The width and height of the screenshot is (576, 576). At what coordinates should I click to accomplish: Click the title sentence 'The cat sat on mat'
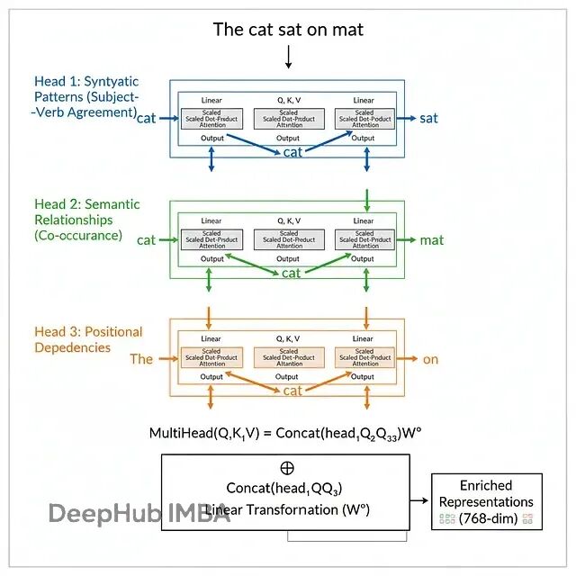pyautogui.click(x=288, y=30)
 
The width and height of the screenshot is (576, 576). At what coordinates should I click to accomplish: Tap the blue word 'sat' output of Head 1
pyautogui.click(x=428, y=118)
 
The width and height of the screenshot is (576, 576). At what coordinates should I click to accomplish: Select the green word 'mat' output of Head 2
pyautogui.click(x=431, y=240)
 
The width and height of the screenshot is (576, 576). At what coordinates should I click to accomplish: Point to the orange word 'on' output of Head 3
pyautogui.click(x=430, y=359)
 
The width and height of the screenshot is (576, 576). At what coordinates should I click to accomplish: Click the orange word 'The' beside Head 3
pyautogui.click(x=141, y=359)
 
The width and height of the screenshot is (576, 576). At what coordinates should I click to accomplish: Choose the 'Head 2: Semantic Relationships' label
pyautogui.click(x=86, y=220)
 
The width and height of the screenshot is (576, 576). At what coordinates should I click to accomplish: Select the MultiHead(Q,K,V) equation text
pyautogui.click(x=285, y=433)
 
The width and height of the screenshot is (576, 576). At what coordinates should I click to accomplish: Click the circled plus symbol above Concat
pyautogui.click(x=287, y=469)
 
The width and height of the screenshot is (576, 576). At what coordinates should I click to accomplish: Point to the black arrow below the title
pyautogui.click(x=288, y=58)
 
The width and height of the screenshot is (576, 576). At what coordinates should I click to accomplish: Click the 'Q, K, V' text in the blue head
pyautogui.click(x=288, y=100)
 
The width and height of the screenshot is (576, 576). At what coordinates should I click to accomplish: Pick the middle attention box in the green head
pyautogui.click(x=288, y=238)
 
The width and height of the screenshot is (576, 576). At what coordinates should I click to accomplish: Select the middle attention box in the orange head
pyautogui.click(x=288, y=357)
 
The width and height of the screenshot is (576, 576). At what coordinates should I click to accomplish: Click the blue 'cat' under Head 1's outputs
pyautogui.click(x=292, y=152)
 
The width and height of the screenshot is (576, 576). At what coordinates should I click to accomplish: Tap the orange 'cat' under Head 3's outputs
pyautogui.click(x=292, y=391)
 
